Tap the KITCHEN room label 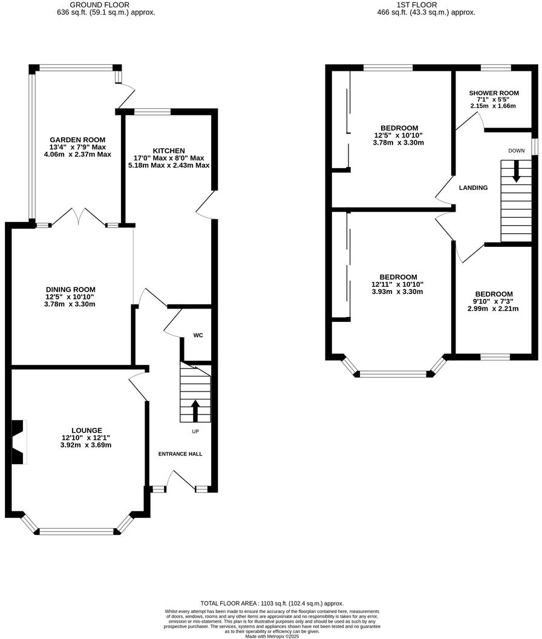(x=169, y=151)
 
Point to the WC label (x=197, y=335)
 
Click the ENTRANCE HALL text (x=180, y=454)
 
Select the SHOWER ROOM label (x=494, y=93)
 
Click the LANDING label (x=473, y=188)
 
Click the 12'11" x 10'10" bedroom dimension (x=397, y=284)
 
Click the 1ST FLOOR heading (x=417, y=4)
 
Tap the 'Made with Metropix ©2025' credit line (x=272, y=635)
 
